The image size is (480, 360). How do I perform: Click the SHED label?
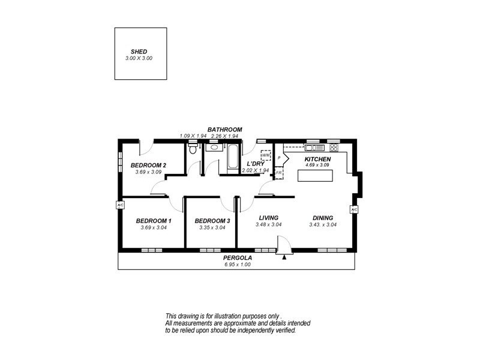[x=139, y=52]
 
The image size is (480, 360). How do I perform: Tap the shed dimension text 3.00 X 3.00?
[x=139, y=58]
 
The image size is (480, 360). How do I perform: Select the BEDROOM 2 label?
[x=148, y=166]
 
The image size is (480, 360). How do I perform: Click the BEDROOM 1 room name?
[x=154, y=221]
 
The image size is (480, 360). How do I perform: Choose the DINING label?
[x=323, y=218]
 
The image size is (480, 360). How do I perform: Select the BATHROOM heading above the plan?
[x=224, y=130]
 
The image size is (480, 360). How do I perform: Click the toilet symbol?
[x=193, y=149]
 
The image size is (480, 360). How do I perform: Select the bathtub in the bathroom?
[x=231, y=160]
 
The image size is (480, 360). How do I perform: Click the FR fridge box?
[x=279, y=173]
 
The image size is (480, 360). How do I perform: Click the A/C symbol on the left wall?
[x=120, y=205]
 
